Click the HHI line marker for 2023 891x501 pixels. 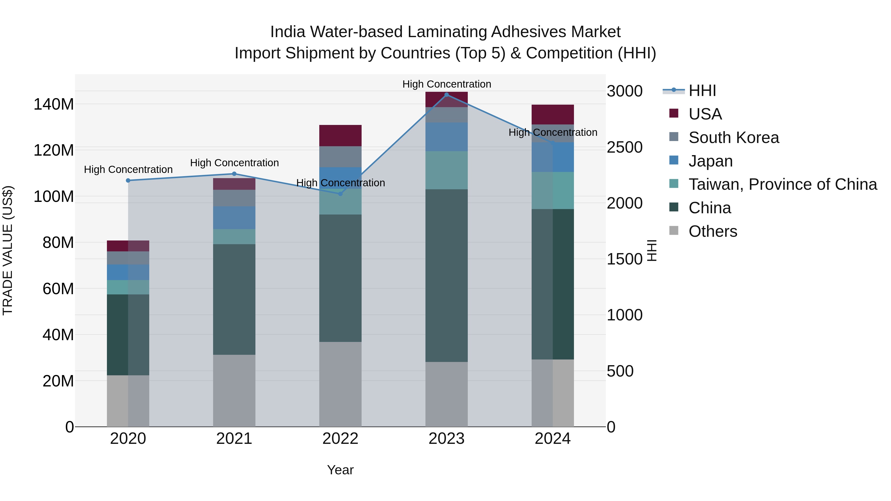(x=446, y=95)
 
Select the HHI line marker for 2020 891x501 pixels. (x=128, y=181)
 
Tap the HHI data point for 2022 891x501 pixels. (x=340, y=194)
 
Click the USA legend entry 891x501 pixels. (x=705, y=114)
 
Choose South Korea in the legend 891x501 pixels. (x=733, y=138)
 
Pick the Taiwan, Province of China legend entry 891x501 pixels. (x=782, y=184)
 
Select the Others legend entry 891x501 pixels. (x=713, y=231)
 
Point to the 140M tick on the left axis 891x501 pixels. (x=54, y=104)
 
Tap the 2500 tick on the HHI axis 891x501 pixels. (x=625, y=147)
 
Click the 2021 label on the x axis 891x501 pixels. (x=234, y=439)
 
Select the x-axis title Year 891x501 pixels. (x=340, y=470)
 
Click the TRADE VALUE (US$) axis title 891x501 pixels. (x=8, y=250)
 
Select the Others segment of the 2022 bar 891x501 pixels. (x=340, y=384)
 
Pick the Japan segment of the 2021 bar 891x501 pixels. (x=234, y=217)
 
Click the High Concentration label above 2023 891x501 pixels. (x=446, y=84)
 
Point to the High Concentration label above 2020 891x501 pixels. (x=128, y=169)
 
